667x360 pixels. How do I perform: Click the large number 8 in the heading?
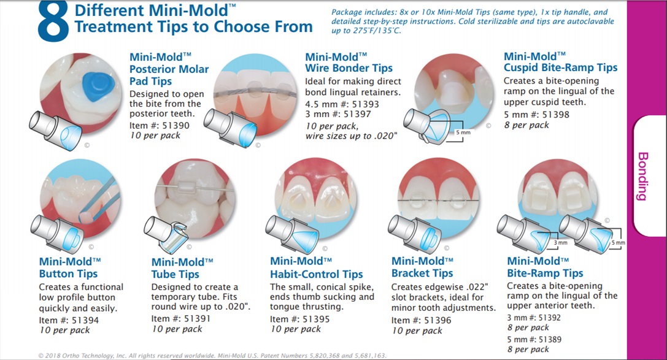tap(53, 21)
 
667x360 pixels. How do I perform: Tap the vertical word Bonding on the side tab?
tap(642, 176)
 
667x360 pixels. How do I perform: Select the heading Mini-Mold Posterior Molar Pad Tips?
tap(169, 69)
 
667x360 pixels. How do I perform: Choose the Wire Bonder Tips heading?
tap(349, 63)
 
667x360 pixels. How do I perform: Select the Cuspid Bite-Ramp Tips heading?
tap(561, 62)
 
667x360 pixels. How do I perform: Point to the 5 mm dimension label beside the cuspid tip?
tap(463, 132)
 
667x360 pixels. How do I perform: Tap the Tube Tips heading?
tap(182, 268)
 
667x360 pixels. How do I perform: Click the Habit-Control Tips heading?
tap(317, 268)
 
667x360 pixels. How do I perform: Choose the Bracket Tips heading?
tap(422, 267)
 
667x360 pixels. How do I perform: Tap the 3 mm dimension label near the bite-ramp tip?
tap(561, 243)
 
